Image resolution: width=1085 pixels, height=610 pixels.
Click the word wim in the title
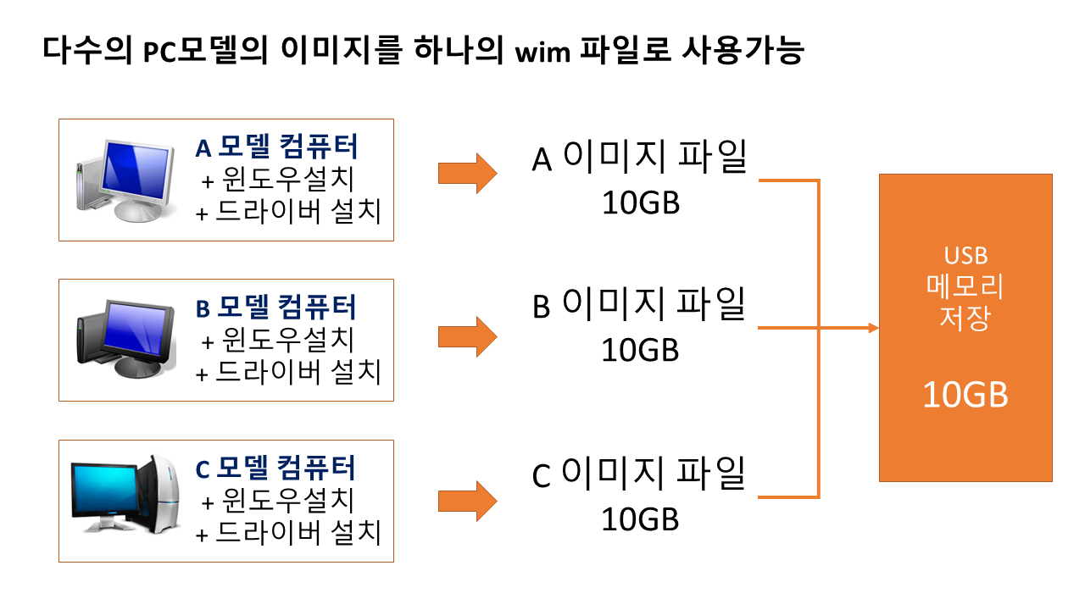click(539, 53)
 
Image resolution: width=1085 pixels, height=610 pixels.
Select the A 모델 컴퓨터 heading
click(276, 147)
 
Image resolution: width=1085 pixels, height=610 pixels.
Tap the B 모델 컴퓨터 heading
click(276, 307)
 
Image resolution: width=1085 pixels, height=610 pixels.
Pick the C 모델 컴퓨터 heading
click(276, 468)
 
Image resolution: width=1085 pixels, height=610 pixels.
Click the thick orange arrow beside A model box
click(467, 173)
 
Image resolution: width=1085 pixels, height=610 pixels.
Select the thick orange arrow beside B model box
click(467, 336)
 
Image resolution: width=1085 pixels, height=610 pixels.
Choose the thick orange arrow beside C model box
click(467, 501)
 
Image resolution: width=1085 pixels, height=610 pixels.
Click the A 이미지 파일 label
click(639, 158)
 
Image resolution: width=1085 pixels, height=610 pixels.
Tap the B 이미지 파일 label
click(639, 305)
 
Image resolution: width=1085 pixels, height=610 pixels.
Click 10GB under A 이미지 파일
click(640, 203)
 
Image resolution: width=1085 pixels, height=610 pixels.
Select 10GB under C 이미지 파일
click(640, 519)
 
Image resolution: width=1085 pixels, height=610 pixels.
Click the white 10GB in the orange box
click(965, 395)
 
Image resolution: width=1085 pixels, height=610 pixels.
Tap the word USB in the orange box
click(965, 256)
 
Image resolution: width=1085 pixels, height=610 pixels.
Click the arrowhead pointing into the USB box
click(872, 328)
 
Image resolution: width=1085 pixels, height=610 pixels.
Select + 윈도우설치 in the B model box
click(277, 340)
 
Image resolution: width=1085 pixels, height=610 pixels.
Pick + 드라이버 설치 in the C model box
click(288, 534)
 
